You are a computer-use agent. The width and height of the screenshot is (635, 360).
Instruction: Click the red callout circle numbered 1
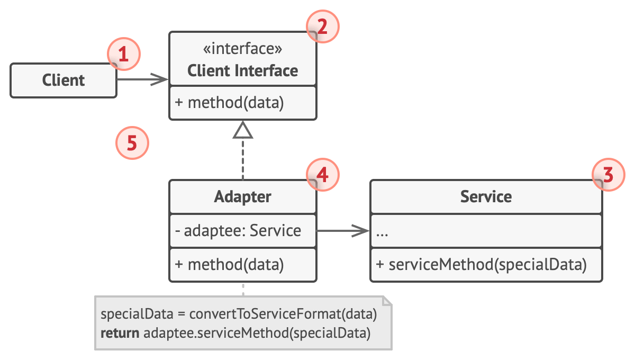tap(123, 55)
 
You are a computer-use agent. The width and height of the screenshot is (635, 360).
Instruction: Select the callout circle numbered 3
tap(608, 174)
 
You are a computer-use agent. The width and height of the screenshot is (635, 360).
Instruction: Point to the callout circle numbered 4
tap(322, 174)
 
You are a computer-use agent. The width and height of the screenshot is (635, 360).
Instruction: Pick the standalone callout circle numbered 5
tap(132, 143)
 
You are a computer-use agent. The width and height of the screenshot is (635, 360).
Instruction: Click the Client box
tap(63, 80)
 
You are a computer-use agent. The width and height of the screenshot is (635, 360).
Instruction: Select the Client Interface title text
tap(242, 70)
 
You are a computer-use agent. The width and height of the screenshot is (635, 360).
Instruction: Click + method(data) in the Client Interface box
tap(229, 103)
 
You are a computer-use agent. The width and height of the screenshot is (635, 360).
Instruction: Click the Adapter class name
tap(242, 197)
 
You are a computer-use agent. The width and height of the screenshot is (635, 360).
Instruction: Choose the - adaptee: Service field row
tap(238, 231)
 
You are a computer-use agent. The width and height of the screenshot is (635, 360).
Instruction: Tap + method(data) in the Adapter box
tap(229, 265)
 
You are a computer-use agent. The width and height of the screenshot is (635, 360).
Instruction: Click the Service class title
tap(486, 197)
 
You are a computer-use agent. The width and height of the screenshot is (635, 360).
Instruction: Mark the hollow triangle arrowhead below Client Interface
tap(243, 130)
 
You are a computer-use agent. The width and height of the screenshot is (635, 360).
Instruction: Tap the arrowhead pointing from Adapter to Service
tap(361, 231)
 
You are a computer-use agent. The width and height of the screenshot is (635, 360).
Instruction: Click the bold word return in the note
tap(120, 334)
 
